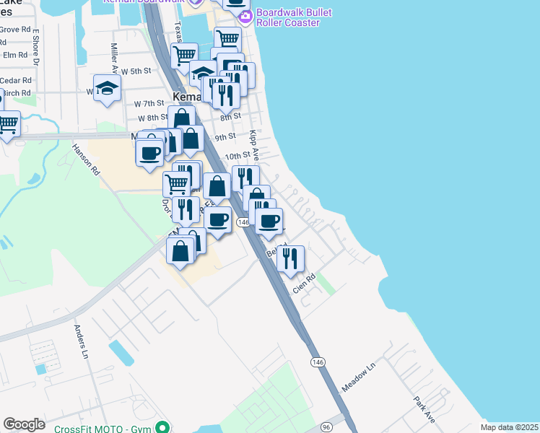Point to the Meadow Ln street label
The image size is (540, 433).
pyautogui.click(x=360, y=377)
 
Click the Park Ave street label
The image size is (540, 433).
pyautogui.click(x=424, y=408)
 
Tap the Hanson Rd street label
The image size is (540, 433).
pyautogui.click(x=85, y=158)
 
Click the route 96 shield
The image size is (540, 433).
pyautogui.click(x=327, y=426)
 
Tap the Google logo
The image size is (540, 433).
pyautogui.click(x=24, y=424)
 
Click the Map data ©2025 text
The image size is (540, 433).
pyautogui.click(x=510, y=427)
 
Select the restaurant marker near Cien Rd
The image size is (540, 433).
pyautogui.click(x=290, y=258)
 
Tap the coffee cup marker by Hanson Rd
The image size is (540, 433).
pyautogui.click(x=149, y=154)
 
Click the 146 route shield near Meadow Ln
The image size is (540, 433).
pyautogui.click(x=316, y=361)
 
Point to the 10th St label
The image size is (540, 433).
pyautogui.click(x=237, y=155)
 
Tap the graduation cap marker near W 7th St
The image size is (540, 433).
pyautogui.click(x=108, y=89)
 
